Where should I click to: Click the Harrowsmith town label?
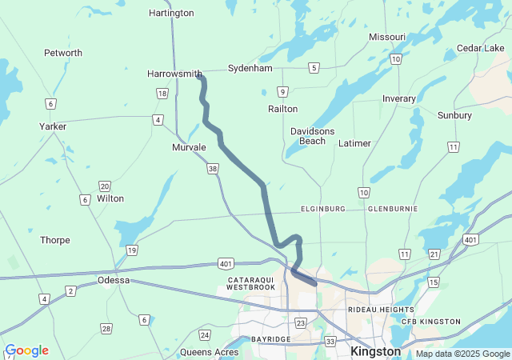pyautogui.click(x=174, y=74)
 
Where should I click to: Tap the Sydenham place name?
pyautogui.click(x=250, y=68)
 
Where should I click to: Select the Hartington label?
pyautogui.click(x=171, y=13)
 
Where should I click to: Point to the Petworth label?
pyautogui.click(x=62, y=53)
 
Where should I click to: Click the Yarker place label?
pyautogui.click(x=53, y=126)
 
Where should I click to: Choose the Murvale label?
pyautogui.click(x=189, y=148)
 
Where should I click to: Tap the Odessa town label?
pyautogui.click(x=113, y=280)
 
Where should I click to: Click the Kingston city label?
pyautogui.click(x=375, y=351)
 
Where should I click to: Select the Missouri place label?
pyautogui.click(x=387, y=37)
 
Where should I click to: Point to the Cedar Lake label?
pyautogui.click(x=480, y=48)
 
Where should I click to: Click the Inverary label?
pyautogui.click(x=399, y=98)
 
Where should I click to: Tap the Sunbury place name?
pyautogui.click(x=454, y=115)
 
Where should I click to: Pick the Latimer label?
pyautogui.click(x=355, y=143)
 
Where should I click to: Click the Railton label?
pyautogui.click(x=282, y=108)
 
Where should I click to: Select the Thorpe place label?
pyautogui.click(x=55, y=240)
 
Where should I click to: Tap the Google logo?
pyautogui.click(x=26, y=350)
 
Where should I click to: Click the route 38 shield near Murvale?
pyautogui.click(x=212, y=169)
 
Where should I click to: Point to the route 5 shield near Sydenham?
pyautogui.click(x=314, y=67)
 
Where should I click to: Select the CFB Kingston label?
pyautogui.click(x=430, y=322)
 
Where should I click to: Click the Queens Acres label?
pyautogui.click(x=210, y=352)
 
